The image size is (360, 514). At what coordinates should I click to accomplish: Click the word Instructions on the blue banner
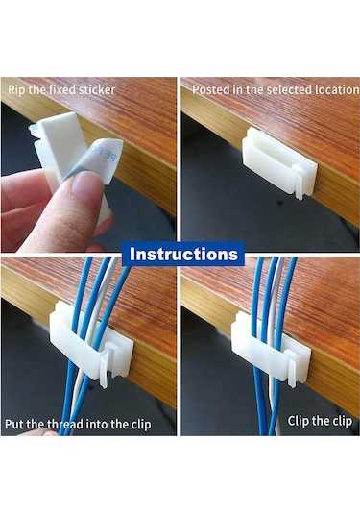pyautogui.click(x=183, y=254)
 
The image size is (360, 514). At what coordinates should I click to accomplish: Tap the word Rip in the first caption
pyautogui.click(x=16, y=89)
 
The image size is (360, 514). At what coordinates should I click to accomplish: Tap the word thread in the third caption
pyautogui.click(x=65, y=425)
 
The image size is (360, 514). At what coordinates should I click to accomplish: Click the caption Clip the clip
pyautogui.click(x=320, y=421)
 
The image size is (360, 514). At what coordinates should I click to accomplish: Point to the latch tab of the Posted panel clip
pyautogui.click(x=299, y=182)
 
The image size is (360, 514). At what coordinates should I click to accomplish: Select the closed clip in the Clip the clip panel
pyautogui.click(x=271, y=349)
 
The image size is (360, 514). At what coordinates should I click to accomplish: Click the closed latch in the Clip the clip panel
pyautogui.click(x=290, y=368)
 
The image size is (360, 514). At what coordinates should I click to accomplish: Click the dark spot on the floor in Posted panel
pyautogui.click(x=280, y=203)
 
